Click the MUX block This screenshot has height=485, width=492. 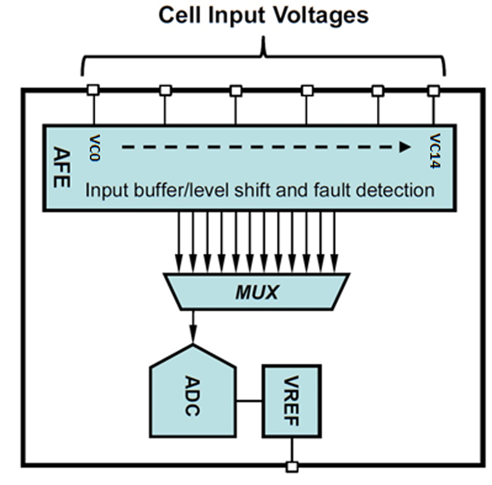pyautogui.click(x=256, y=292)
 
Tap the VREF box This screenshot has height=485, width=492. pyautogui.click(x=292, y=400)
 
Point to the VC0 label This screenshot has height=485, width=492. pyautogui.click(x=94, y=147)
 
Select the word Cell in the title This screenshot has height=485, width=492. pyautogui.click(x=177, y=15)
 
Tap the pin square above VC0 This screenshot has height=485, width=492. pyautogui.click(x=93, y=90)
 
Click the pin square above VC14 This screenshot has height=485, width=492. pyautogui.click(x=434, y=90)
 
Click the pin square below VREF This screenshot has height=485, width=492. pyautogui.click(x=292, y=467)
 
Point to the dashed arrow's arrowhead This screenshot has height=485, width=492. pyautogui.click(x=405, y=147)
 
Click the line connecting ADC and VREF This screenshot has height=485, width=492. pyautogui.click(x=248, y=401)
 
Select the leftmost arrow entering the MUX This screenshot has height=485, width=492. pyautogui.click(x=178, y=240)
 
